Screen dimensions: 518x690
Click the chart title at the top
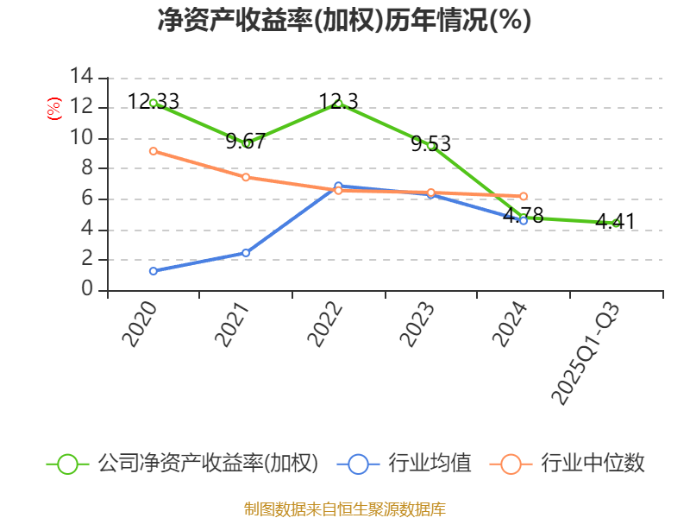coord(344,20)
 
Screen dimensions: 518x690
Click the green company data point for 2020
coord(154,103)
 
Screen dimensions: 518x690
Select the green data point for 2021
coord(247,143)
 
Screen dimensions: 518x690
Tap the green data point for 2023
coord(431,145)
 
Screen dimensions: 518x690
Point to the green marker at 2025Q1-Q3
coord(616,223)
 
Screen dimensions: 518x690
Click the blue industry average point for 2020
coord(154,271)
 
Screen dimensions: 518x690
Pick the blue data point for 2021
coord(246,253)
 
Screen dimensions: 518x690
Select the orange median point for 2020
coord(154,151)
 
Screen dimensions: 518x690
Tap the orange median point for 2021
coord(246,177)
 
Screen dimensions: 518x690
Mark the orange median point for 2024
coord(524,196)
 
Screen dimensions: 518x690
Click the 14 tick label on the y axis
coord(81,77)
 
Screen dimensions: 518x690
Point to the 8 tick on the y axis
coord(87,168)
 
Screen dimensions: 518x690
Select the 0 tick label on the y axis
coord(87,290)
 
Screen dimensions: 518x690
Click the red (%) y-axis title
coord(54,109)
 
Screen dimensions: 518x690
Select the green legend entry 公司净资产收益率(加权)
coord(183,464)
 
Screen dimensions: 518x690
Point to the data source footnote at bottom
coord(344,509)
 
